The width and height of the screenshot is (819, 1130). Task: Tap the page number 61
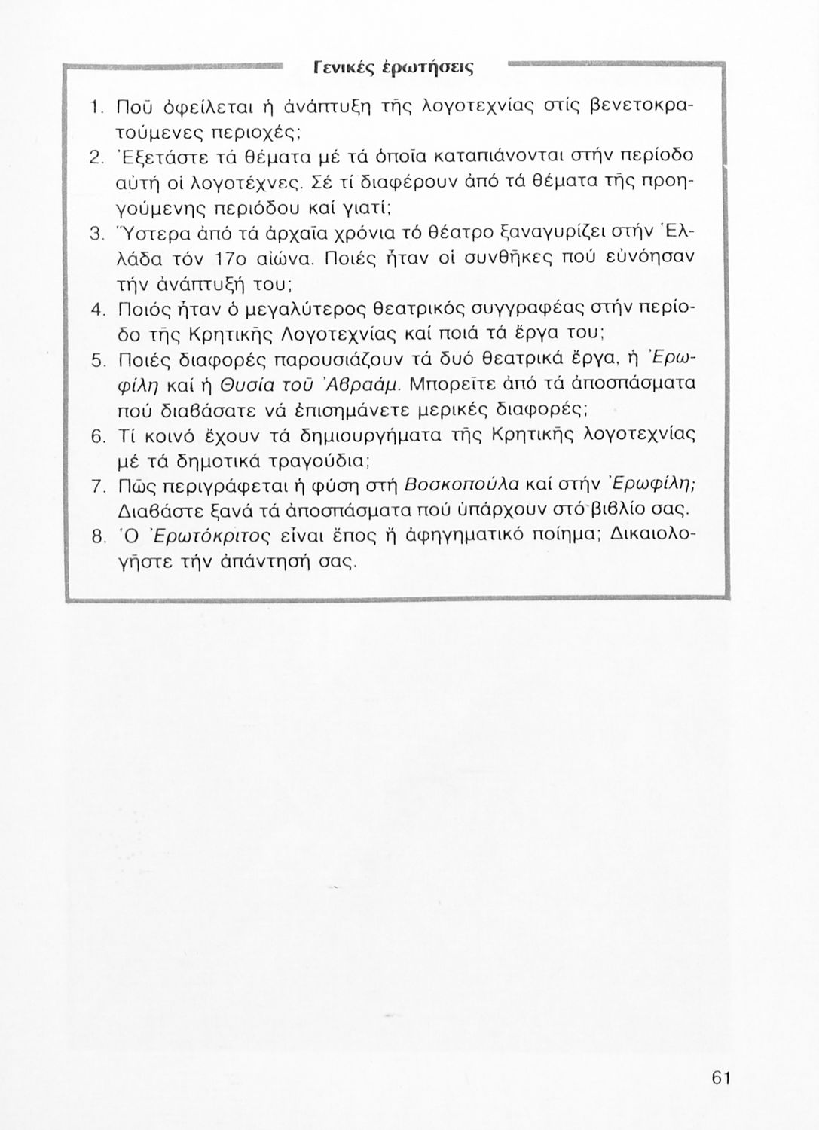pos(721,1077)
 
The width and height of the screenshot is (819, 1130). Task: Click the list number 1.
pos(95,108)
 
